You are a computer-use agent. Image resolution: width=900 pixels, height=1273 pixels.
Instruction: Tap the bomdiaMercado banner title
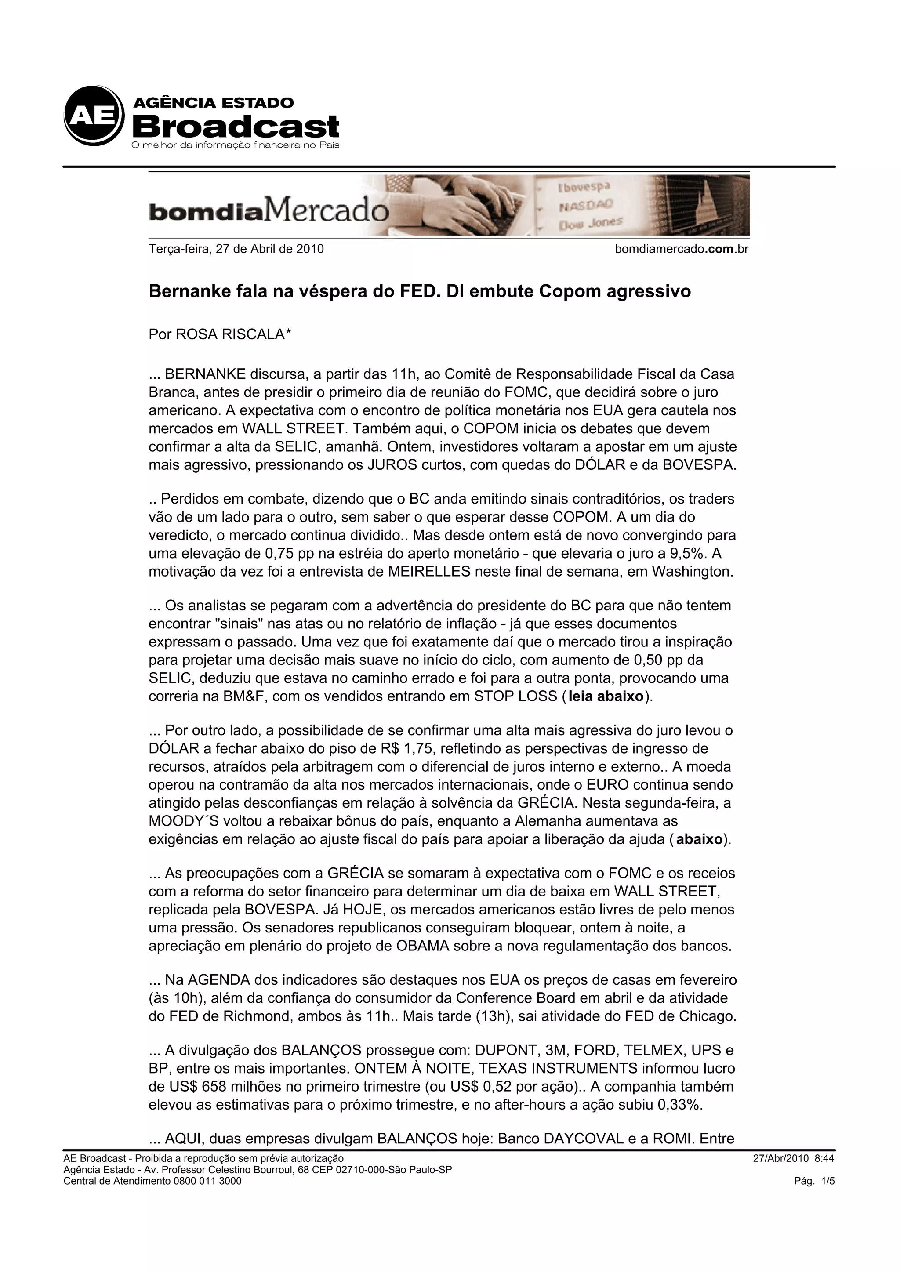269,212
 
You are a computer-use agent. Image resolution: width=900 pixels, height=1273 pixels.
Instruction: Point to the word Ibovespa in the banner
583,187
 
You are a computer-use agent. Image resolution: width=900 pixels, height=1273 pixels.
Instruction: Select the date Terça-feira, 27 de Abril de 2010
236,249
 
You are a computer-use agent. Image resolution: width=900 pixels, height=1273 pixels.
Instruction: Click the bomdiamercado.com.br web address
682,249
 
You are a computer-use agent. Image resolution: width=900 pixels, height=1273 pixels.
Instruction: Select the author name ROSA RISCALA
229,334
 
